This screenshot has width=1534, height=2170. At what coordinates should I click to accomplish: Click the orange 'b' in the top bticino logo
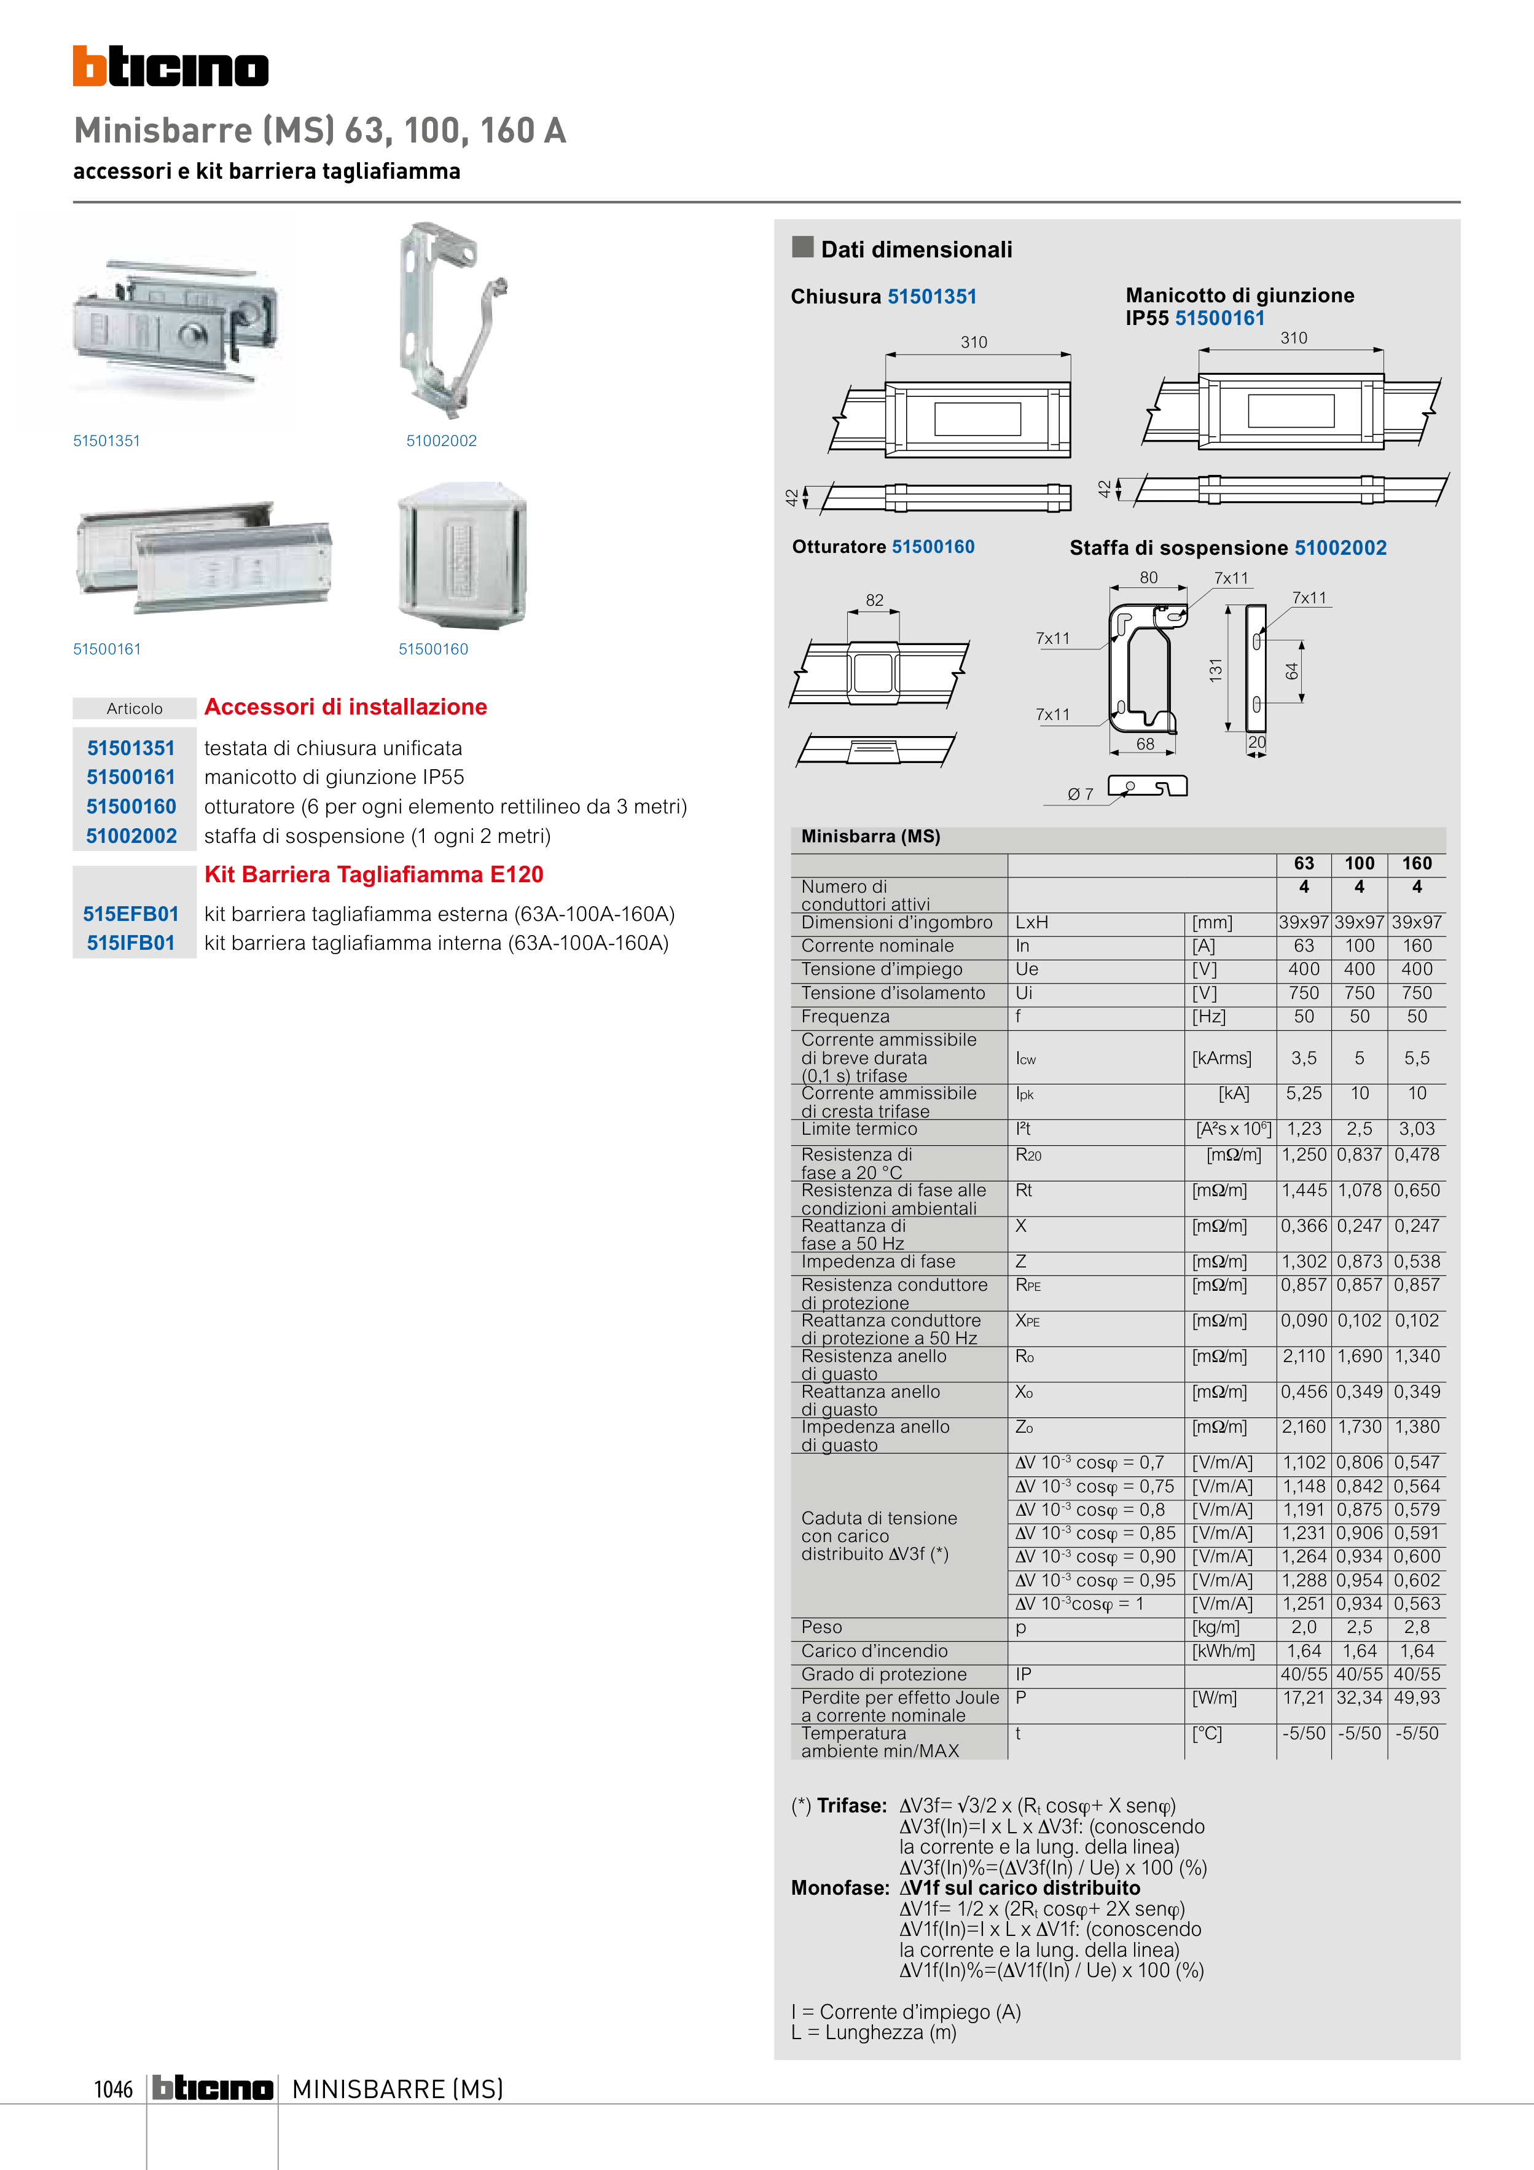tap(89, 66)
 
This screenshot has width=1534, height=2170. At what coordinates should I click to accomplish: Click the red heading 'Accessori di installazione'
tap(346, 707)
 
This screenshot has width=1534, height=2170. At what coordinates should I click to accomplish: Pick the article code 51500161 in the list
tap(131, 777)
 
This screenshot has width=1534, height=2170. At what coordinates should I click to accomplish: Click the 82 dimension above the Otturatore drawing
tap(874, 600)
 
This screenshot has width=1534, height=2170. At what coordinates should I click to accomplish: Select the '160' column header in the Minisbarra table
tap(1417, 863)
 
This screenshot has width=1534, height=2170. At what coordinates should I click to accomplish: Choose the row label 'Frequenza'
tap(845, 1017)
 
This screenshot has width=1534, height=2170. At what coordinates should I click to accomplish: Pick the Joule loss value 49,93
tap(1417, 1698)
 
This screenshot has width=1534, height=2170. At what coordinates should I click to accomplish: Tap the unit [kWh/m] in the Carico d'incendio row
tap(1223, 1651)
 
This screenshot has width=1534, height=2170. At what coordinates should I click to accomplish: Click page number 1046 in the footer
tap(114, 2089)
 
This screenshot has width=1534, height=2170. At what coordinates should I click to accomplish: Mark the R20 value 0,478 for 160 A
tap(1417, 1154)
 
